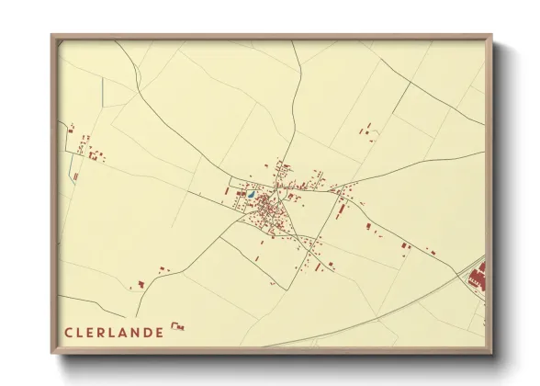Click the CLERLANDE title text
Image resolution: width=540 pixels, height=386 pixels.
tap(114, 332)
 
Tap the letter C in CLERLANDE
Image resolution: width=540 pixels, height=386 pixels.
tap(68, 332)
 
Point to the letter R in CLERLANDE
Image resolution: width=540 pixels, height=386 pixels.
tap(101, 332)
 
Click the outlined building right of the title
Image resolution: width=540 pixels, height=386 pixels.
tap(178, 326)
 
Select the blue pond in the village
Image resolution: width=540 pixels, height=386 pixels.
tap(250, 195)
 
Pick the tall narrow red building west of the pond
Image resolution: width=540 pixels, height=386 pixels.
tap(229, 191)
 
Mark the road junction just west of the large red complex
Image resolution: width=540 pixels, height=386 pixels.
tap(459, 272)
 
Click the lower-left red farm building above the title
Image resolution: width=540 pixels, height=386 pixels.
tap(141, 284)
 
